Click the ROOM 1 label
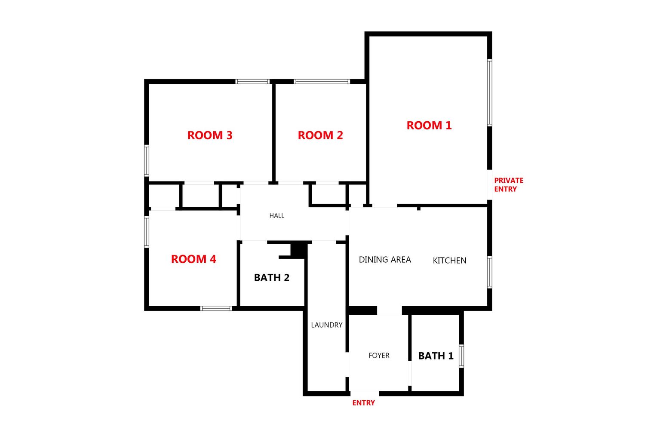[x=429, y=125]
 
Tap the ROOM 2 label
[x=320, y=135]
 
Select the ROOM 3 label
[x=210, y=135]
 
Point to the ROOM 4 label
[x=193, y=259]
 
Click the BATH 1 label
[x=436, y=356]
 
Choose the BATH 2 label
[x=271, y=277]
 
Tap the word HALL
[x=277, y=215]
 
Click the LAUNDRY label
[x=326, y=325]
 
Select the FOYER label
[x=379, y=356]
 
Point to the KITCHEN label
[x=449, y=260]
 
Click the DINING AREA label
[x=385, y=259]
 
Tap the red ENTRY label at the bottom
[x=363, y=402]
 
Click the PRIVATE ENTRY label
[x=509, y=184]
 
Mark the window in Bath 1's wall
[x=461, y=356]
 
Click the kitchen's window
[x=489, y=272]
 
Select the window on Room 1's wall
[x=489, y=92]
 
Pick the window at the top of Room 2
[x=322, y=82]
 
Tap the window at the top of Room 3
[x=252, y=82]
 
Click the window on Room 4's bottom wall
[x=216, y=308]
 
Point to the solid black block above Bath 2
[x=299, y=250]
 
